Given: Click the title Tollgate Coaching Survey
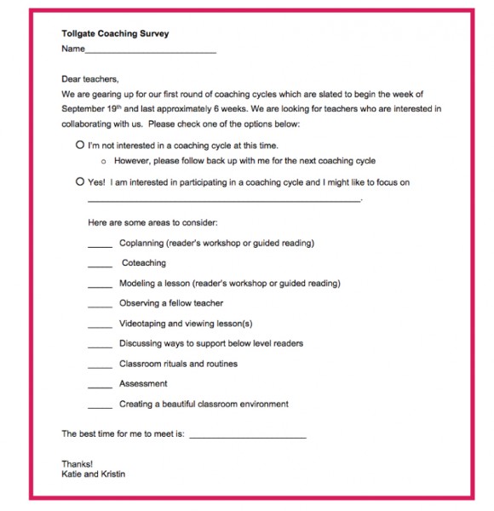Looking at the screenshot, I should [x=115, y=34].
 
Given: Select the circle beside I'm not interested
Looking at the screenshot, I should [x=80, y=146].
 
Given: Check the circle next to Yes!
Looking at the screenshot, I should [x=80, y=182].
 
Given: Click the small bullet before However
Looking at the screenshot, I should [x=103, y=161].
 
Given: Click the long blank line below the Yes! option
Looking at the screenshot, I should [x=224, y=200].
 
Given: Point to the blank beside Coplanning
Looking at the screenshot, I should [x=100, y=245].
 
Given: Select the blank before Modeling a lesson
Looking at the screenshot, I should [x=100, y=285].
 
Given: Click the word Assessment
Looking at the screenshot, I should [x=143, y=384].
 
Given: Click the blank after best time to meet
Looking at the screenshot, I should [x=247, y=436].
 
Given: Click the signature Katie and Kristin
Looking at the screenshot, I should [x=93, y=474].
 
